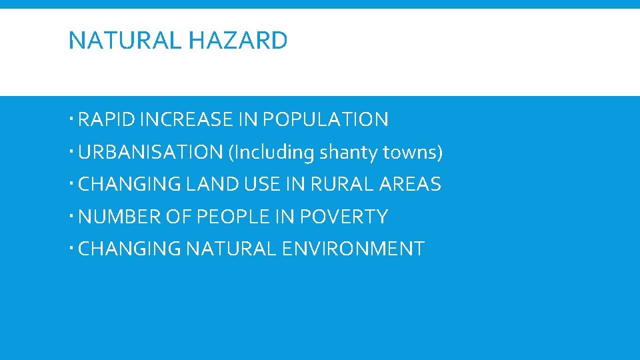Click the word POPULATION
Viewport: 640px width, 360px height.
pos(325,120)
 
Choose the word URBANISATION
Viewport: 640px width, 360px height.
pos(151,153)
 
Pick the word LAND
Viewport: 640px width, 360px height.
pos(215,185)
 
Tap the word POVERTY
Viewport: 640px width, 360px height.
pos(344,217)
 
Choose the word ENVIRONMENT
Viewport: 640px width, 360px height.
pos(354,249)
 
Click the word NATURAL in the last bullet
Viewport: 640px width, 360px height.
pos(230,249)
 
